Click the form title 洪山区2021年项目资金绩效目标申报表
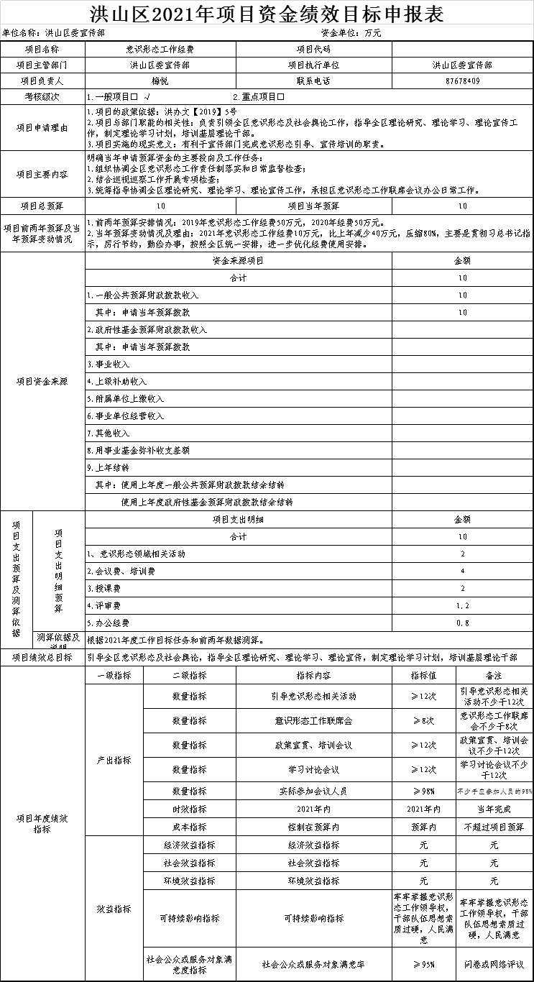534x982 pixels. tap(267, 13)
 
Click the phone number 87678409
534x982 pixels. tap(462, 81)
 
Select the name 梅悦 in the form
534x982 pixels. tap(160, 81)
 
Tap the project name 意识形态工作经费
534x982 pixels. tap(160, 50)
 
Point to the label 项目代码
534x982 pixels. tap(313, 50)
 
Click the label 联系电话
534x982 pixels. tap(313, 81)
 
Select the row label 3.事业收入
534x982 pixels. tap(109, 364)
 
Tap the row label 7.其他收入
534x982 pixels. tap(109, 433)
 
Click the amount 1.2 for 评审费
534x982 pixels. tap(462, 606)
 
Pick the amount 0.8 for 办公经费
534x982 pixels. tap(462, 623)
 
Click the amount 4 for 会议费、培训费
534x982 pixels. tap(462, 572)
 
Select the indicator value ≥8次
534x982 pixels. tap(423, 720)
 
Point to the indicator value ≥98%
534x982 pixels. tap(423, 791)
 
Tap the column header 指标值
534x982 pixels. tap(423, 676)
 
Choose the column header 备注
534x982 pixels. tap(494, 676)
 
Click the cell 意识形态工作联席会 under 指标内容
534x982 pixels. tap(313, 720)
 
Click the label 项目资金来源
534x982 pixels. tap(42, 382)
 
